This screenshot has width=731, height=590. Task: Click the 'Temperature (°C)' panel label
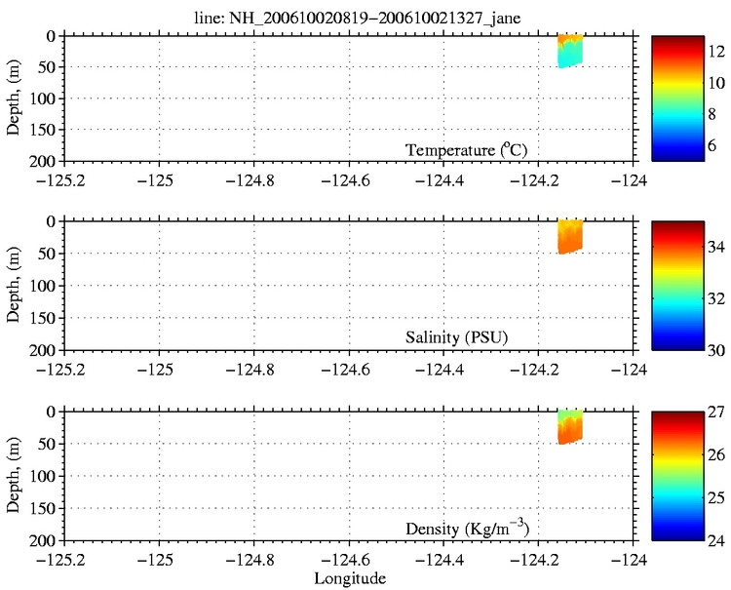pyautogui.click(x=473, y=149)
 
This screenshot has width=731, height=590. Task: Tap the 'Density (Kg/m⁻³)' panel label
pyautogui.click(x=467, y=529)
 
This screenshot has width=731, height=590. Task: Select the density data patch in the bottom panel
pyautogui.click(x=569, y=426)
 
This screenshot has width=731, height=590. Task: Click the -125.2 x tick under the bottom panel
pyautogui.click(x=63, y=559)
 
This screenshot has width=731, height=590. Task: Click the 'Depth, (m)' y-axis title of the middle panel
pyautogui.click(x=16, y=286)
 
